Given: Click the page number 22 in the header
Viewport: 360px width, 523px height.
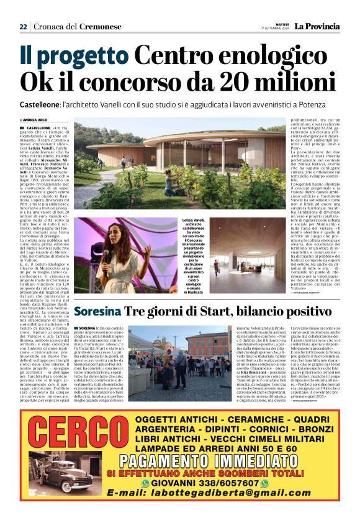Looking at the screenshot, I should (23, 27).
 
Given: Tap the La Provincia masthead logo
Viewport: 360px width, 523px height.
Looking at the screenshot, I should (317, 26).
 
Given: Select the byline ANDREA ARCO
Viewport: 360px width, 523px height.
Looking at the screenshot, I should (37, 120).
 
